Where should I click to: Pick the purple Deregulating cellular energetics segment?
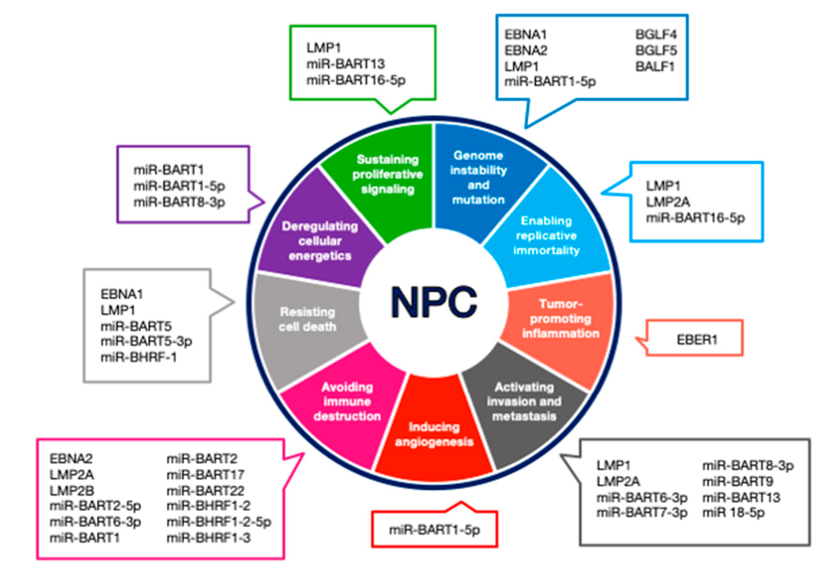(320, 241)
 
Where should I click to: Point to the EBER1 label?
(697, 340)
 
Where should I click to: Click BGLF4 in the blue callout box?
(656, 35)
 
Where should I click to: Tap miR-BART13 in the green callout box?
(345, 64)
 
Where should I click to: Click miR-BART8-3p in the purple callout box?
(179, 202)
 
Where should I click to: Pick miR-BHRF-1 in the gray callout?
(139, 357)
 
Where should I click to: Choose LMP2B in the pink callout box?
(72, 490)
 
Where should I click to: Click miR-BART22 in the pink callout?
(205, 490)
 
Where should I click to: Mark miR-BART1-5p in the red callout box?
(434, 530)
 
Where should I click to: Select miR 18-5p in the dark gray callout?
(733, 513)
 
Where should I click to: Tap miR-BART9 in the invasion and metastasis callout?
(738, 481)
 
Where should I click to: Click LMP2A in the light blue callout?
(668, 202)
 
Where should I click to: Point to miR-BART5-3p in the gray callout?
(146, 341)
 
